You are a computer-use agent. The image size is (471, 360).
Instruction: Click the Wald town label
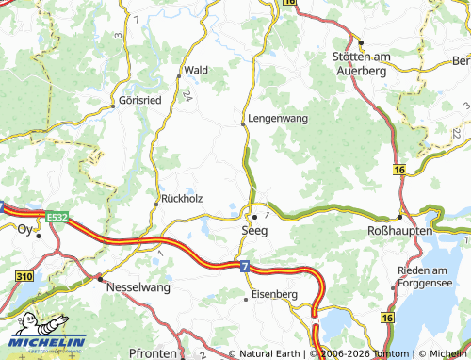[x=196, y=71]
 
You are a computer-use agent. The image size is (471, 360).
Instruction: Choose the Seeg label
[x=252, y=230]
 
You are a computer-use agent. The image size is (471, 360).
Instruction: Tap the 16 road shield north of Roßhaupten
[x=400, y=170]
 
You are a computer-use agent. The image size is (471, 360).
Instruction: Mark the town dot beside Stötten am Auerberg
[x=362, y=42]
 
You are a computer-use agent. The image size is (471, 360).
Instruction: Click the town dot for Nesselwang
[x=99, y=278]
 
